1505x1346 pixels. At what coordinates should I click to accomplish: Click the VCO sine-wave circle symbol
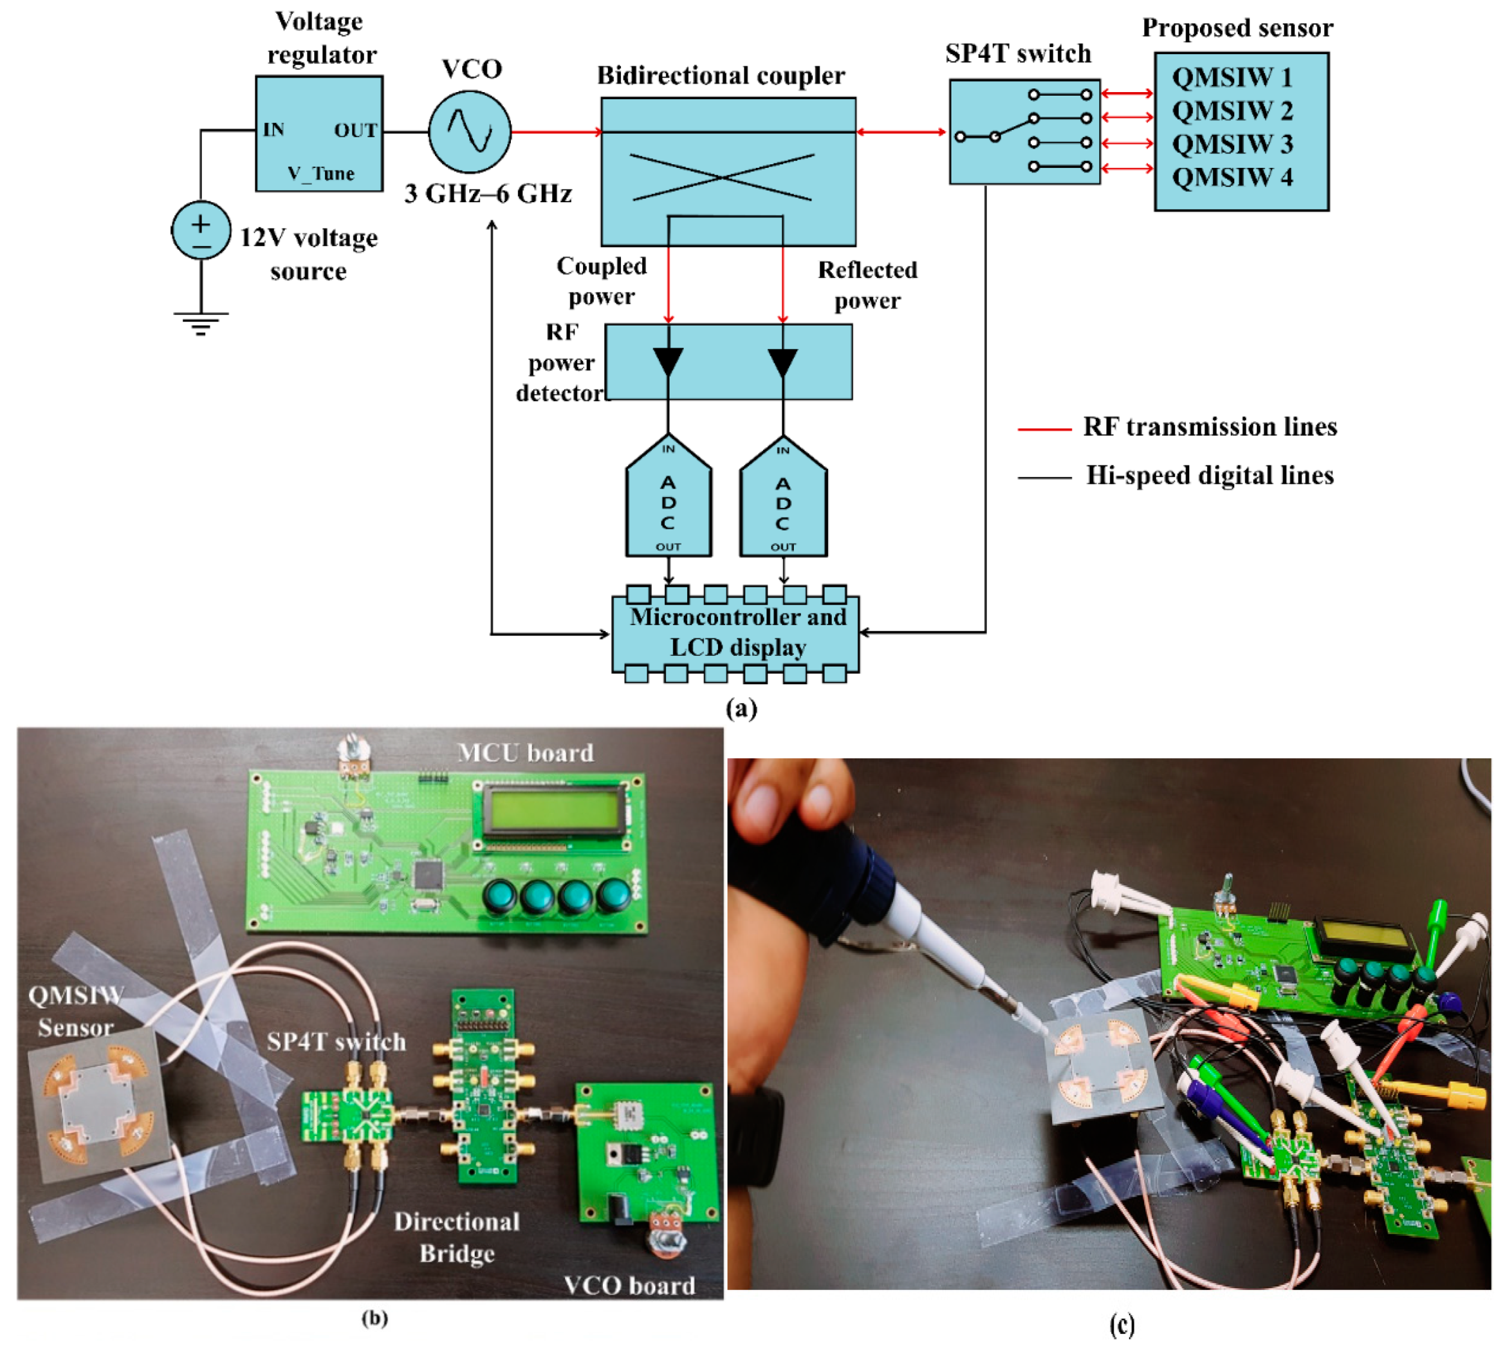click(469, 132)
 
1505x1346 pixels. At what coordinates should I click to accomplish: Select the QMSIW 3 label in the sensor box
click(1232, 143)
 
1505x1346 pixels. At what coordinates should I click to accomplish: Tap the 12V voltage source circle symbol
click(200, 230)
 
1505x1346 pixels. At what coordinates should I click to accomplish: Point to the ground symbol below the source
click(200, 323)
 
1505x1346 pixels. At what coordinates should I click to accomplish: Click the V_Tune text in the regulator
click(321, 173)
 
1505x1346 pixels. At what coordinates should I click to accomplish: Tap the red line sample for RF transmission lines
click(1043, 429)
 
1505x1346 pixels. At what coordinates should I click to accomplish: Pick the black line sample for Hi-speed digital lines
click(1043, 478)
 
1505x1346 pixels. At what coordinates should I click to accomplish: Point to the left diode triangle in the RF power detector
click(668, 361)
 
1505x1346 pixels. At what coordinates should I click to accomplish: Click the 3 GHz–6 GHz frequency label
click(488, 194)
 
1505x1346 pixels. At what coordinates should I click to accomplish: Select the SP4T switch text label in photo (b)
click(336, 1042)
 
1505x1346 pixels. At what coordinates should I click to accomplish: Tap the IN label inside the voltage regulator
click(274, 130)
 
